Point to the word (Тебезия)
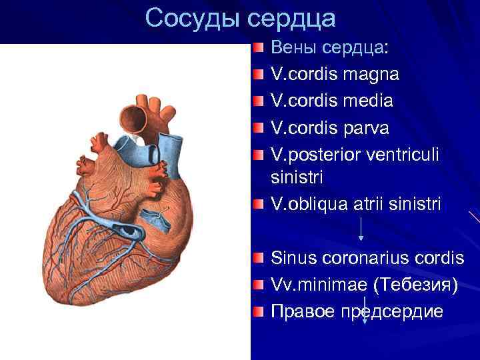tap(417, 285)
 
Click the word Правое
tap(303, 311)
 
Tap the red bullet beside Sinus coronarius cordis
tap(259, 257)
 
